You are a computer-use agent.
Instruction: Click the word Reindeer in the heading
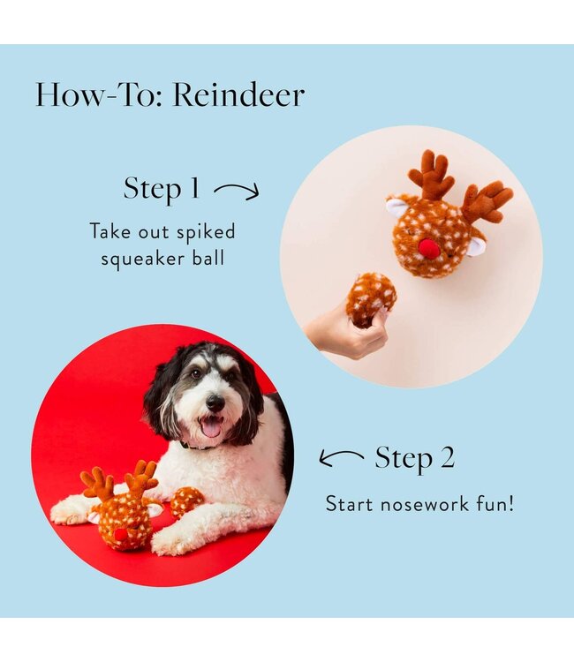tap(238, 95)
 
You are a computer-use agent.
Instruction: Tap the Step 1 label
tap(162, 188)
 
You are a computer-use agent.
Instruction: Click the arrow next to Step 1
tap(237, 190)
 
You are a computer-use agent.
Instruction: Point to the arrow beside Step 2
tap(341, 457)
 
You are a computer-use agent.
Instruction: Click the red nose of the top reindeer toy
tap(429, 249)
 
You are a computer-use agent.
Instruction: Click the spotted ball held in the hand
tap(370, 297)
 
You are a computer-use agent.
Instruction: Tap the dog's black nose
tap(215, 402)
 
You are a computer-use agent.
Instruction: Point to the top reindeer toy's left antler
tap(432, 175)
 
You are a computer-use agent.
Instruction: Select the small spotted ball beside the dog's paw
tap(185, 501)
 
